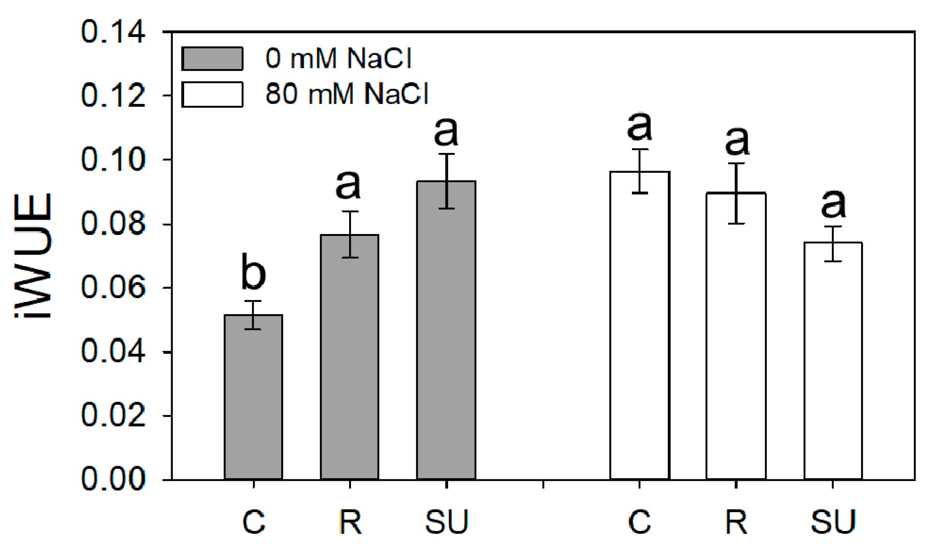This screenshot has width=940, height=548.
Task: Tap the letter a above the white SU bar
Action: click(x=833, y=204)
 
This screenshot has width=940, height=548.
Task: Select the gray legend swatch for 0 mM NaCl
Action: click(x=212, y=58)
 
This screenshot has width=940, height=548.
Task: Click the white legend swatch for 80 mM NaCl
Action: click(x=212, y=94)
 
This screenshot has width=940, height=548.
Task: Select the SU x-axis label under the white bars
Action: click(x=833, y=522)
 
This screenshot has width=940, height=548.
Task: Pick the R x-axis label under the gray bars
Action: click(x=350, y=522)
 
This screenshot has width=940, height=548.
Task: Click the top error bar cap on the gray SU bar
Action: click(x=446, y=154)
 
